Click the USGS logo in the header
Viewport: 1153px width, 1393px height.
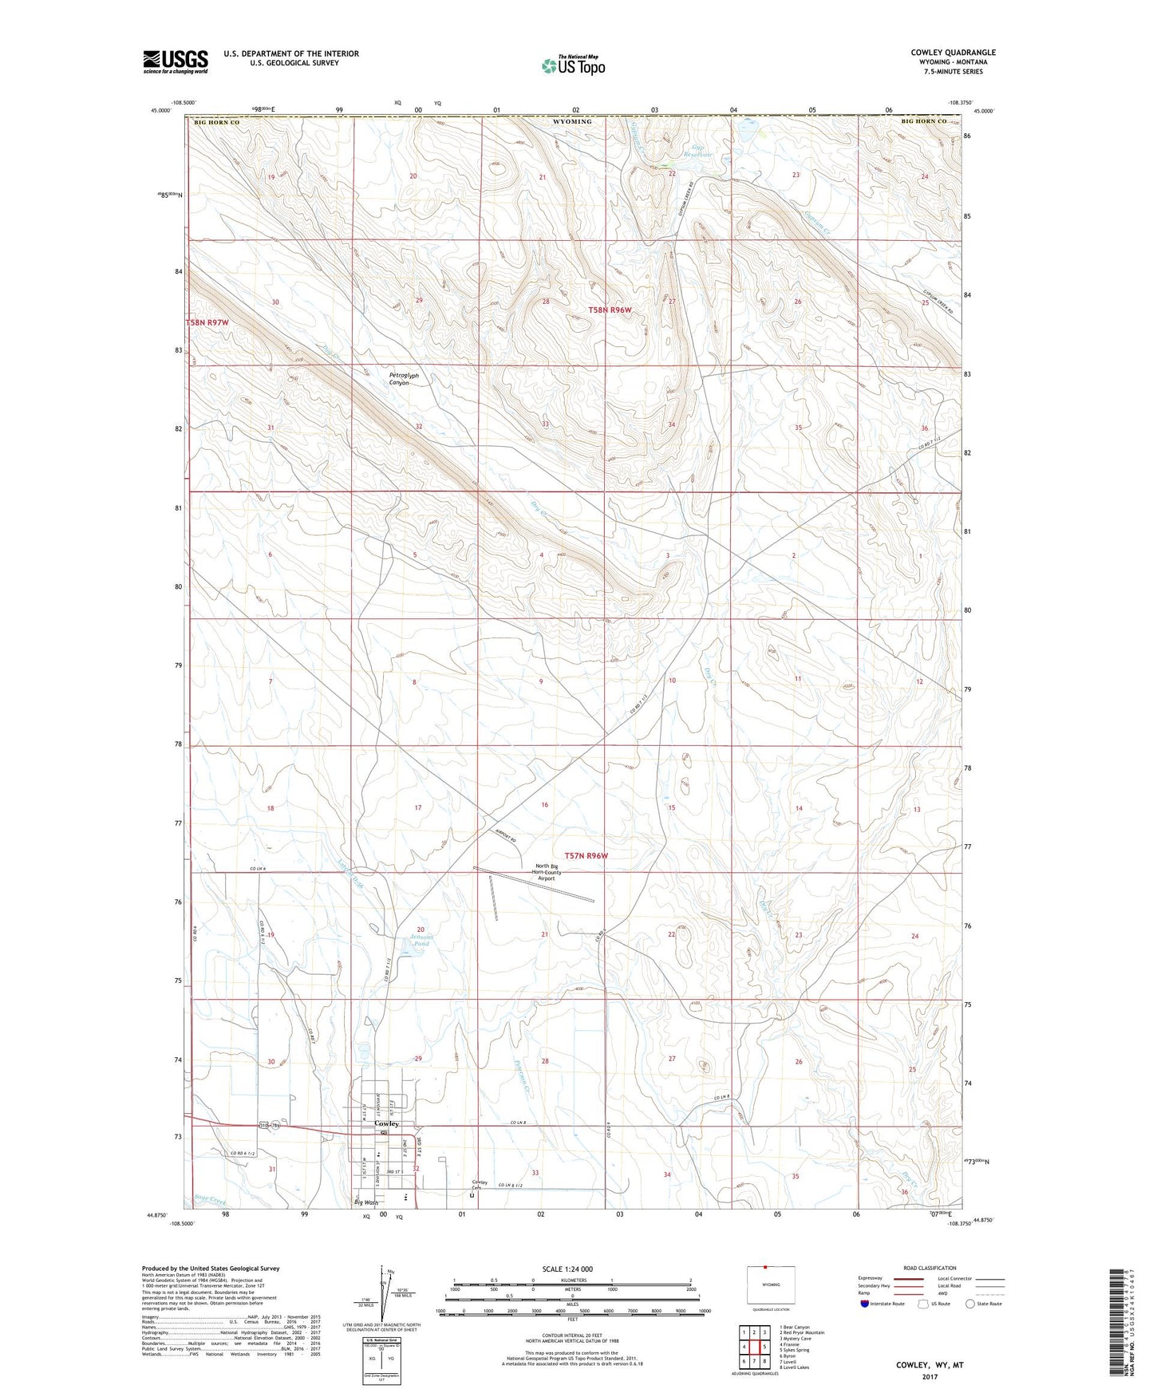(176, 61)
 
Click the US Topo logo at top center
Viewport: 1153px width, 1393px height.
(572, 65)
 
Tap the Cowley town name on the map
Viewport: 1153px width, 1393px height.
(386, 1123)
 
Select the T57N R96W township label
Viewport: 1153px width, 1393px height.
(586, 855)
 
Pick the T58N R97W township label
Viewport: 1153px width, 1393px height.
(207, 322)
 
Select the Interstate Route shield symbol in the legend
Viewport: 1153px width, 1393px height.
(864, 1304)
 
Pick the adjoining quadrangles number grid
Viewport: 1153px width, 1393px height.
(753, 1347)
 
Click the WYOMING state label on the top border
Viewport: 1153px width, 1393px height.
(572, 121)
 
